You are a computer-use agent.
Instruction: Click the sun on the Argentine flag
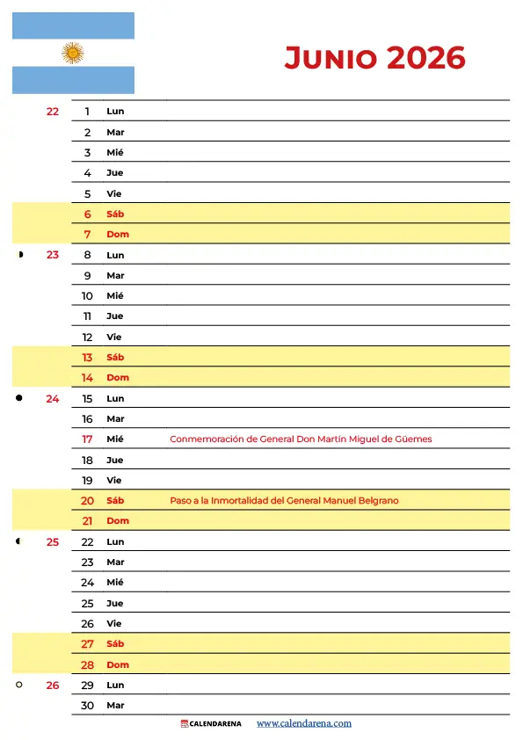pos(73,53)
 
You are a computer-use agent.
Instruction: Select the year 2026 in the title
pos(425,58)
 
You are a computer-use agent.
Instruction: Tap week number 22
pos(53,112)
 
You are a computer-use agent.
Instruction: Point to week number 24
pos(53,398)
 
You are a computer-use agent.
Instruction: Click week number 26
pos(53,685)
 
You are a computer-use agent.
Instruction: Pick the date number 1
pos(88,112)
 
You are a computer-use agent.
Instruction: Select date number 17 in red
pos(87,439)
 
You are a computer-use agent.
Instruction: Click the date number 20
pos(87,501)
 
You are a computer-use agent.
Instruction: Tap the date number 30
pos(87,706)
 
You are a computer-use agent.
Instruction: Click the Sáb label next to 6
pos(115,214)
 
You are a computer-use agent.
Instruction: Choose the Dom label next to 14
pos(117,378)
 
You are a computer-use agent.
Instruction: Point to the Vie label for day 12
pos(113,337)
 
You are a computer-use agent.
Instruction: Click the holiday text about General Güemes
pos(301,439)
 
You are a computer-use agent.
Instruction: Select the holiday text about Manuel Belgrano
pos(284,501)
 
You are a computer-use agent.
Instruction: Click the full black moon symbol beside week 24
pos(18,398)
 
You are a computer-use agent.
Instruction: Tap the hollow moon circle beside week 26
pos(18,685)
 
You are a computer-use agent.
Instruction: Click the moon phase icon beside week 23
pos(19,255)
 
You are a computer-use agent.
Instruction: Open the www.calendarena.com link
pos(303,723)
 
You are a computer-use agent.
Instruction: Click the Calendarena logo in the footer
pos(211,723)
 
